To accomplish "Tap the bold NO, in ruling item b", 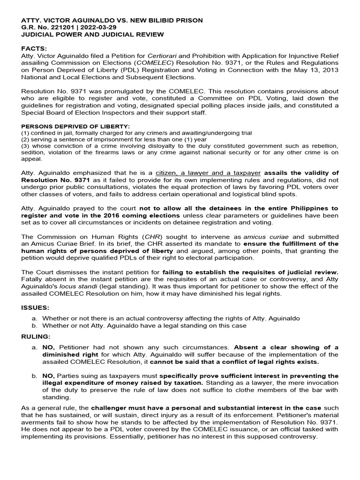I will (49, 376).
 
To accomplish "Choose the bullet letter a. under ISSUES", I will (35, 318).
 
